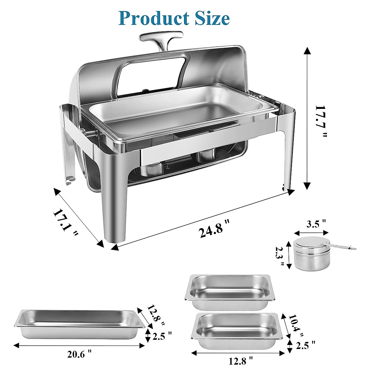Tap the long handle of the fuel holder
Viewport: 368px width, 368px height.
coord(343,246)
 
